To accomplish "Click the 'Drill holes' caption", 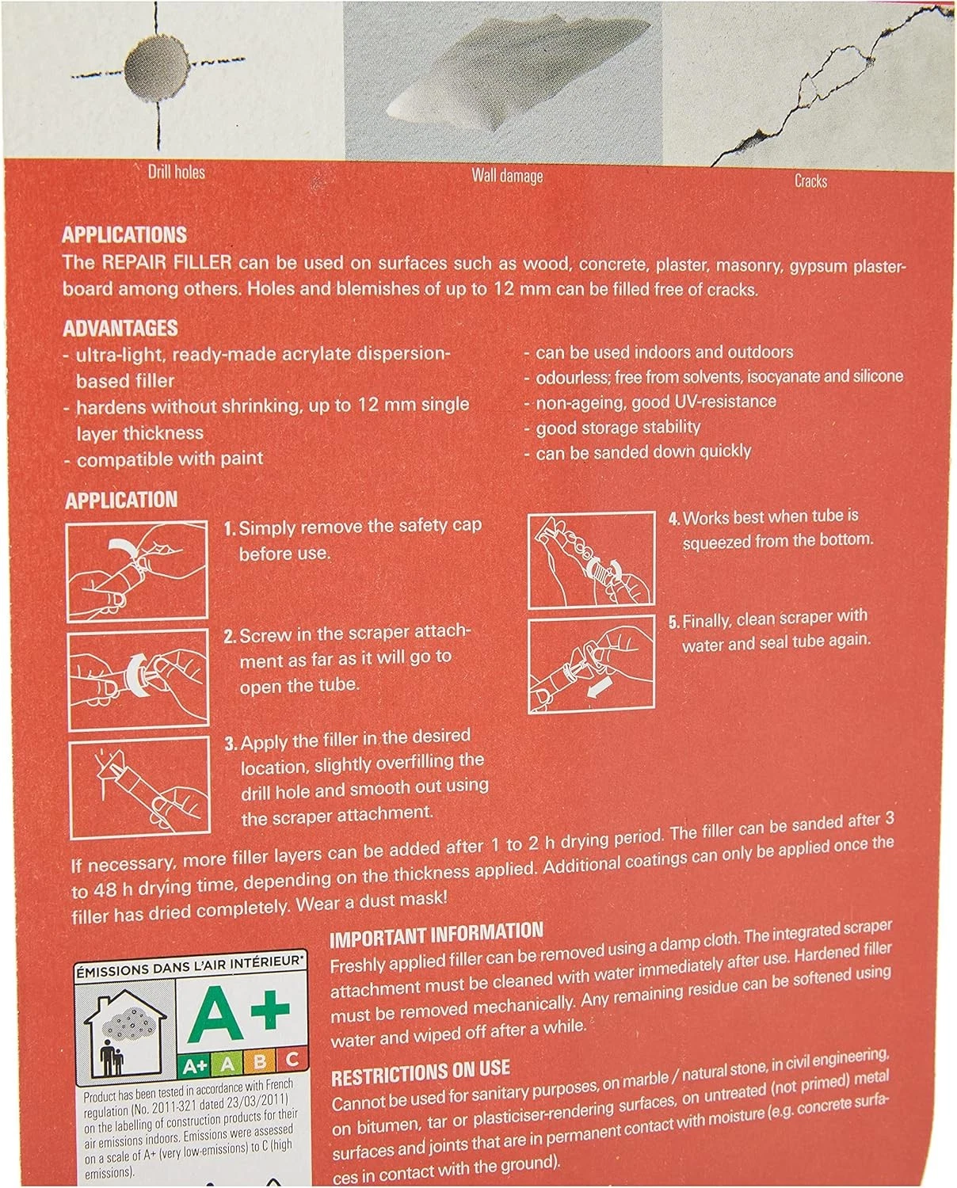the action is pos(176,172).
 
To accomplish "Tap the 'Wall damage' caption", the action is pos(507,176).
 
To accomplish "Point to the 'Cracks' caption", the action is pos(810,181).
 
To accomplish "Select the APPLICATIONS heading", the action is pos(124,234).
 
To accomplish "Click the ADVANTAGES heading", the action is pos(120,328).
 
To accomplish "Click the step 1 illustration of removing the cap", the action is pos(137,570).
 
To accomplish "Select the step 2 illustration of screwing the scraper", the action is pos(138,679).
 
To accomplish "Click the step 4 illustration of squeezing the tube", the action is pos(592,560).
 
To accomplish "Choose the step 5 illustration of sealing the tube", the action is pos(592,664).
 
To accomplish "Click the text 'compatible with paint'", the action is pos(170,459).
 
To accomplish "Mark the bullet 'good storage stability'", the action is pos(618,427).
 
